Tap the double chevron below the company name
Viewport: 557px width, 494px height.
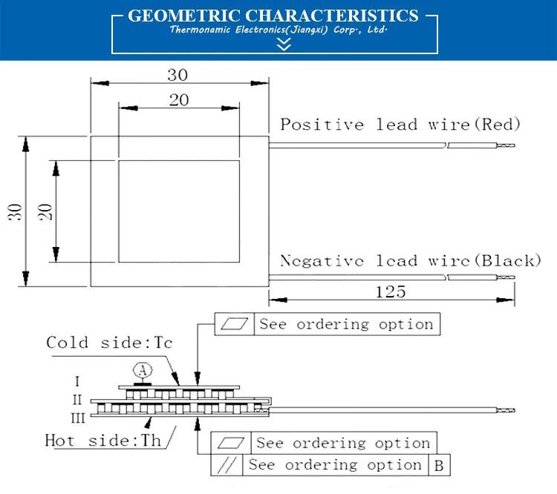pyautogui.click(x=283, y=45)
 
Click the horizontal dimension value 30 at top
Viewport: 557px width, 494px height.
pyautogui.click(x=177, y=74)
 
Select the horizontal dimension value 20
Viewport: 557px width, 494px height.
pyautogui.click(x=179, y=100)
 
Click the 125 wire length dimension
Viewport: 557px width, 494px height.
pyautogui.click(x=391, y=292)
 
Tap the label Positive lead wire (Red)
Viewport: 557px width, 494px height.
pyautogui.click(x=400, y=124)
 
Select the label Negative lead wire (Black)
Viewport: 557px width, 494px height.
pyautogui.click(x=410, y=260)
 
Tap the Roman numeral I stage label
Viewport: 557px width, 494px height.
pyautogui.click(x=78, y=382)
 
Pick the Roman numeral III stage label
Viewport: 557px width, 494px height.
pyautogui.click(x=77, y=416)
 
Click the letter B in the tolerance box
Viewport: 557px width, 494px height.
pyautogui.click(x=438, y=465)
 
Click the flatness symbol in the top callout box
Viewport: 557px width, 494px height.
pyautogui.click(x=235, y=324)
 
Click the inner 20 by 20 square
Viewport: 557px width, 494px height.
pyautogui.click(x=179, y=211)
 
